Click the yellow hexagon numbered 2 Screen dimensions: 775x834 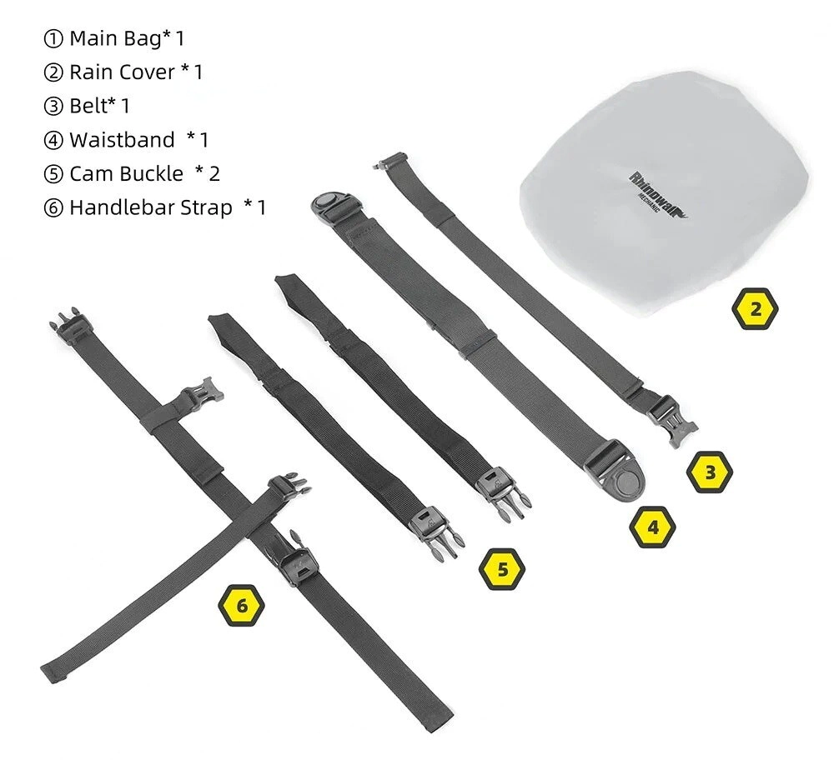(x=755, y=310)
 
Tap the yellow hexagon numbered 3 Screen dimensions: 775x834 (x=710, y=472)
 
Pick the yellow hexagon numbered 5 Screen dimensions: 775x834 (x=502, y=569)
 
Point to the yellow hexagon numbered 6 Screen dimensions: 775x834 (x=242, y=605)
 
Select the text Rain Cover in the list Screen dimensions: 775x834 (x=122, y=72)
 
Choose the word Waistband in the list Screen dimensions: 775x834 (x=122, y=140)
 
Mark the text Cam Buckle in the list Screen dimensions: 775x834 (x=126, y=173)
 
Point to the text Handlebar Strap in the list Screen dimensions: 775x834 (x=150, y=207)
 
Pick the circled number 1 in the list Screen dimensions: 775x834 (x=53, y=39)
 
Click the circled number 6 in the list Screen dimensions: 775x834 (x=53, y=208)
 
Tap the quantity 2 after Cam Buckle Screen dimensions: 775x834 (x=214, y=173)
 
